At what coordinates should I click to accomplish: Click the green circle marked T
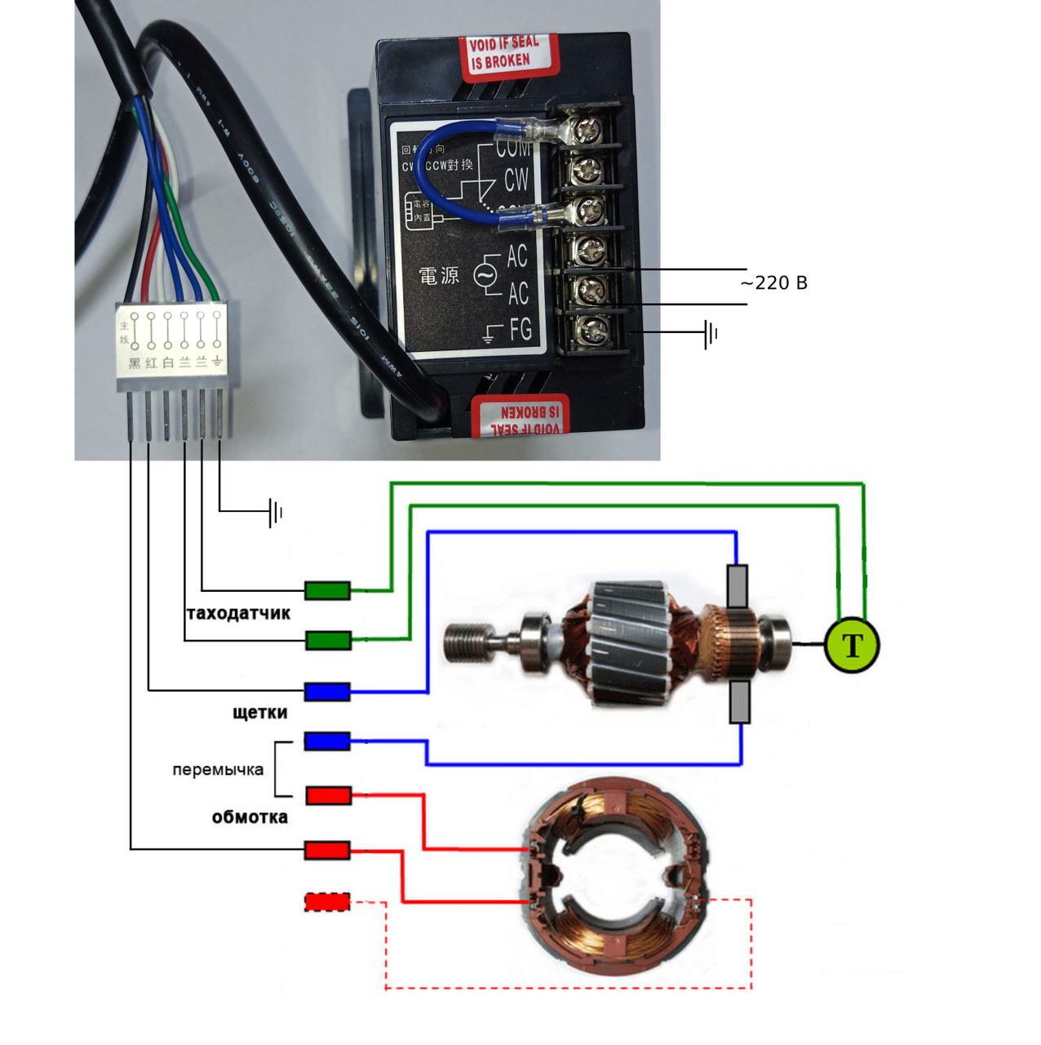coord(852,645)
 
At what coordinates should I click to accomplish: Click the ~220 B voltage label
coord(773,283)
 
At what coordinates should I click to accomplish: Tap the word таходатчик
coord(238,613)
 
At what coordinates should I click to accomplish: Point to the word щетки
coord(260,713)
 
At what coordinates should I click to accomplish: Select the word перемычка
coord(218,770)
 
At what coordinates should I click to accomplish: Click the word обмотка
coord(250,817)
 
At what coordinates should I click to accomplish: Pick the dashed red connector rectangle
coord(327,902)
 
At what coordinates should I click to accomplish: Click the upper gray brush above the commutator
coord(738,585)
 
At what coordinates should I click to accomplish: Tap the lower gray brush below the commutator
coord(739,703)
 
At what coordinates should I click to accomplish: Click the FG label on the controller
coord(520,330)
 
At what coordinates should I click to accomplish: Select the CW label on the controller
coord(516,180)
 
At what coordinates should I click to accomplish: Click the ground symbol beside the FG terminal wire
coord(711,333)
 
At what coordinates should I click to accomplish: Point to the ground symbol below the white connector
coord(276,513)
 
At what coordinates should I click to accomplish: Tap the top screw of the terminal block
coord(587,129)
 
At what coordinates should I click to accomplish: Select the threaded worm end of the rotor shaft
coord(467,642)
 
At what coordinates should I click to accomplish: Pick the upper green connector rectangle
coord(328,590)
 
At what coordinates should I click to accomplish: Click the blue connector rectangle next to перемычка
coord(327,741)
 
